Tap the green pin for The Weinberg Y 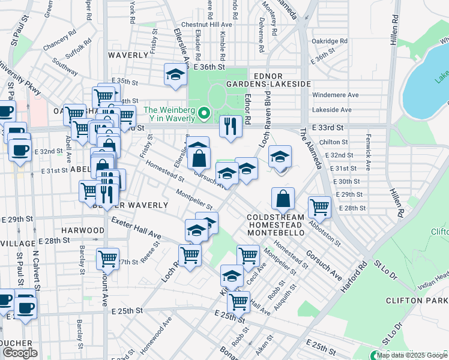(x=204, y=112)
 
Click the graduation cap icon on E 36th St (x=175, y=74)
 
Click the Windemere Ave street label (x=336, y=95)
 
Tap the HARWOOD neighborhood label (x=83, y=230)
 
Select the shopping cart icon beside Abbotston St (x=319, y=208)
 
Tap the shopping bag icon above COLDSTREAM (x=283, y=197)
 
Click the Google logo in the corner (x=20, y=353)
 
